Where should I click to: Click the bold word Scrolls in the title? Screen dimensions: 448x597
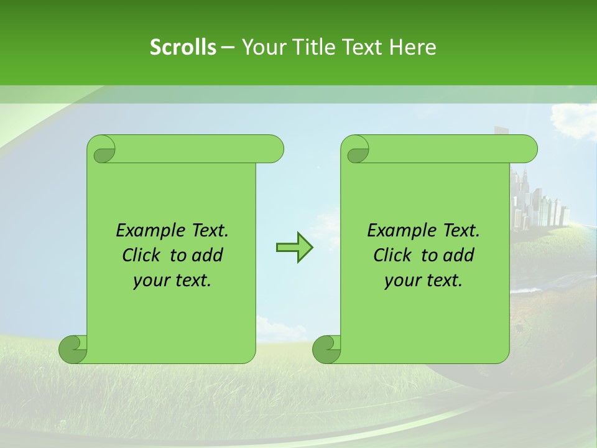pos(183,47)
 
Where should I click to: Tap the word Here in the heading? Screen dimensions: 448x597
pos(412,47)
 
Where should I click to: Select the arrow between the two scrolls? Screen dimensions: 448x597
pos(294,247)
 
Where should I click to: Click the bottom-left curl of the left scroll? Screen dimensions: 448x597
pos(73,348)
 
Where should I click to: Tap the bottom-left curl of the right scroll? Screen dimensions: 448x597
pos(326,348)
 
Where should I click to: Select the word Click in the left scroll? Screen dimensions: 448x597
pos(143,255)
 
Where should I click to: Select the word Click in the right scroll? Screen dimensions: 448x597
pos(394,255)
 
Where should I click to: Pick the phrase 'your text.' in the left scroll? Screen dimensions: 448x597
pos(172,281)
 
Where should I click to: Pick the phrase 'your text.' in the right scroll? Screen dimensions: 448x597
pos(423,281)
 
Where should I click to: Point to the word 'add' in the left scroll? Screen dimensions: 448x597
pos(208,255)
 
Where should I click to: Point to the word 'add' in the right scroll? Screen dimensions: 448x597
pos(459,255)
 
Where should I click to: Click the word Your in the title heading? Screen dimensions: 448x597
pos(262,47)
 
